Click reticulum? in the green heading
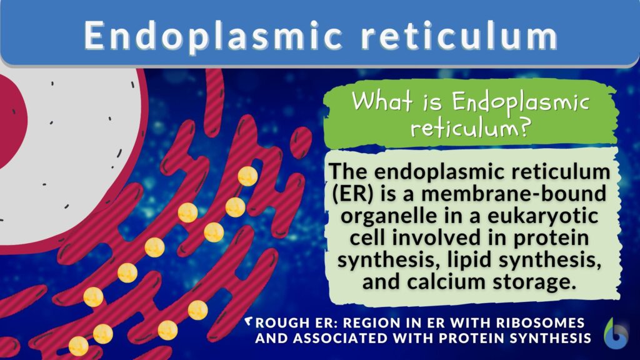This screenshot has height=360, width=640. pyautogui.click(x=471, y=128)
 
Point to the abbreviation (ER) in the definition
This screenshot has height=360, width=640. pyautogui.click(x=354, y=194)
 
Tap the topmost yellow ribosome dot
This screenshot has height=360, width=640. pyautogui.click(x=247, y=176)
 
